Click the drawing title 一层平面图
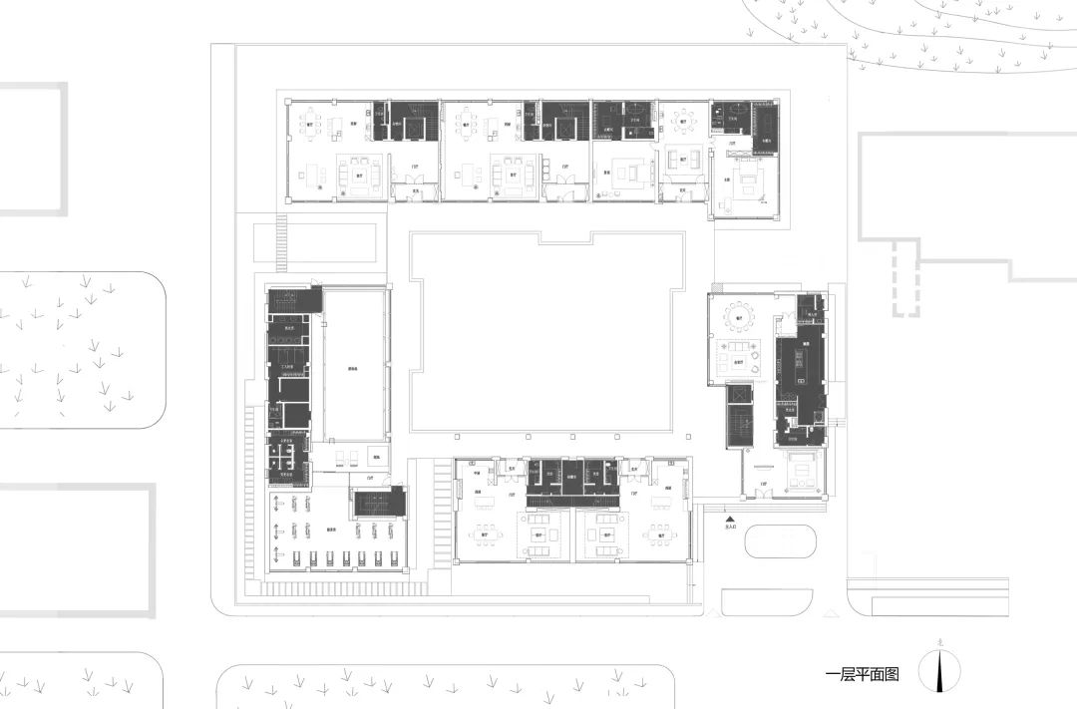pos(863,675)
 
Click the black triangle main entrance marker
pos(730,520)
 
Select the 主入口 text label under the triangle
pos(730,530)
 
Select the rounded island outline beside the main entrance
pos(780,541)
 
